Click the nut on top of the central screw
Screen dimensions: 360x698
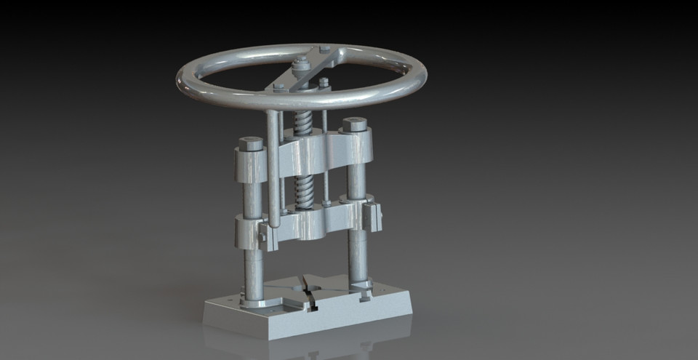300,65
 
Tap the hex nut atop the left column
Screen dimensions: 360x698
251,143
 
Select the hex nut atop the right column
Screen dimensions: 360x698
354,124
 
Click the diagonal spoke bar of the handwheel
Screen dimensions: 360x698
302,72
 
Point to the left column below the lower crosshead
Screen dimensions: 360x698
253,273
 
